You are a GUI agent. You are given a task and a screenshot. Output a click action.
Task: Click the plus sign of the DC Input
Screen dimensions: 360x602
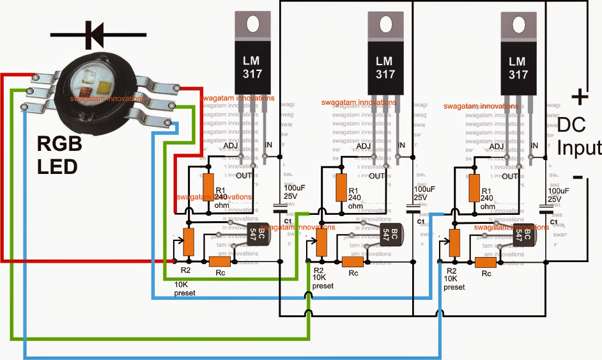[x=579, y=97]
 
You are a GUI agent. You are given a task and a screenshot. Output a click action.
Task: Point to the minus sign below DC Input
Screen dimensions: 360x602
[x=577, y=176]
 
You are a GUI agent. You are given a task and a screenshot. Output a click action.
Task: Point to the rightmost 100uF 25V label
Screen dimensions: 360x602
[x=558, y=195]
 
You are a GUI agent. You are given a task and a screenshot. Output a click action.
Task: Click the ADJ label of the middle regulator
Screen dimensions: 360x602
[x=363, y=147]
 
